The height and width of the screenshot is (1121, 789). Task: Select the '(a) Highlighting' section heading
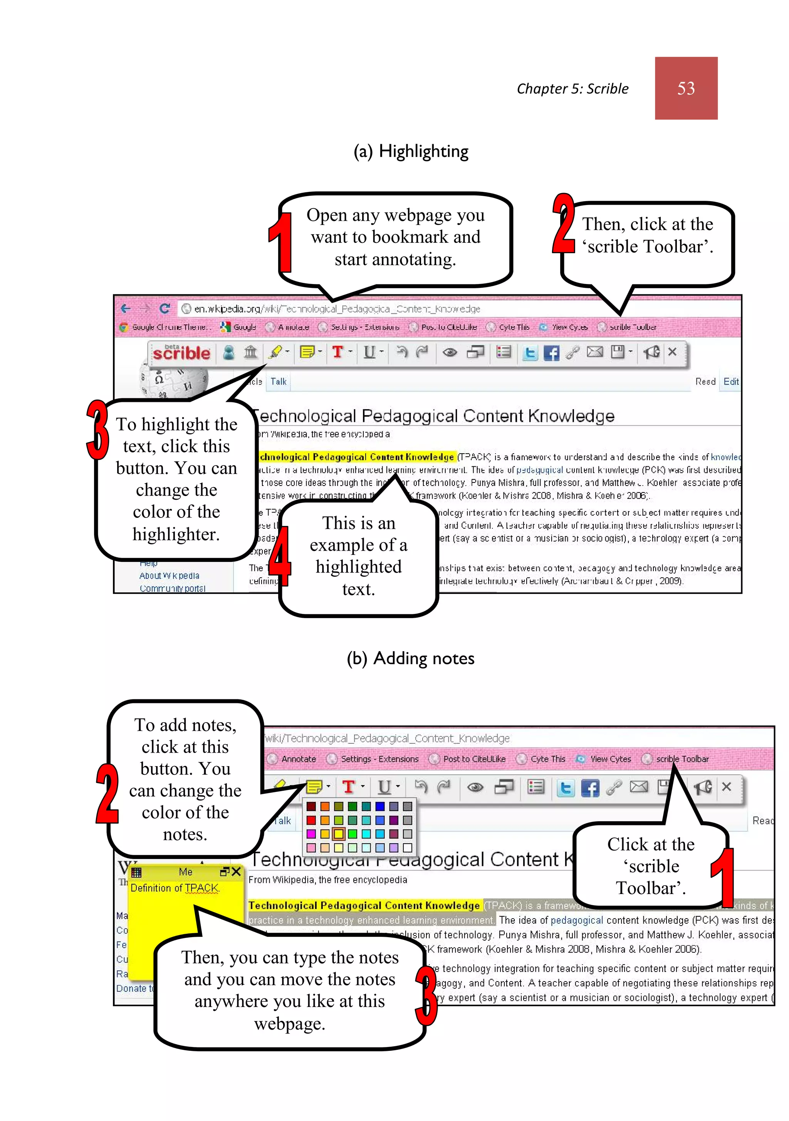point(411,151)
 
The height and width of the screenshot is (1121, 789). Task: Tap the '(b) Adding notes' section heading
point(410,658)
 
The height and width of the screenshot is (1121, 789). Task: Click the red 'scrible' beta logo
point(181,352)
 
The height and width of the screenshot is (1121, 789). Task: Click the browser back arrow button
point(126,309)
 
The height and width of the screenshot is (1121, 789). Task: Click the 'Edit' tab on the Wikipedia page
point(730,382)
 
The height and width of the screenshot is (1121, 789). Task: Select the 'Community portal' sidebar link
point(172,588)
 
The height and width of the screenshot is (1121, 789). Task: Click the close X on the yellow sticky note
point(236,872)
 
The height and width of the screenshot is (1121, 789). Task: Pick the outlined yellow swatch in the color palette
point(338,834)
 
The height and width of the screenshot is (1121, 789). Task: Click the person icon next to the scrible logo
point(228,352)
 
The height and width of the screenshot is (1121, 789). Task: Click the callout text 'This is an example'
point(358,534)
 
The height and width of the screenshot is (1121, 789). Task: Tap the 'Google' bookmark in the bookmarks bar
point(239,327)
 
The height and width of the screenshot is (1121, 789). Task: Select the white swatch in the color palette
point(408,847)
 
